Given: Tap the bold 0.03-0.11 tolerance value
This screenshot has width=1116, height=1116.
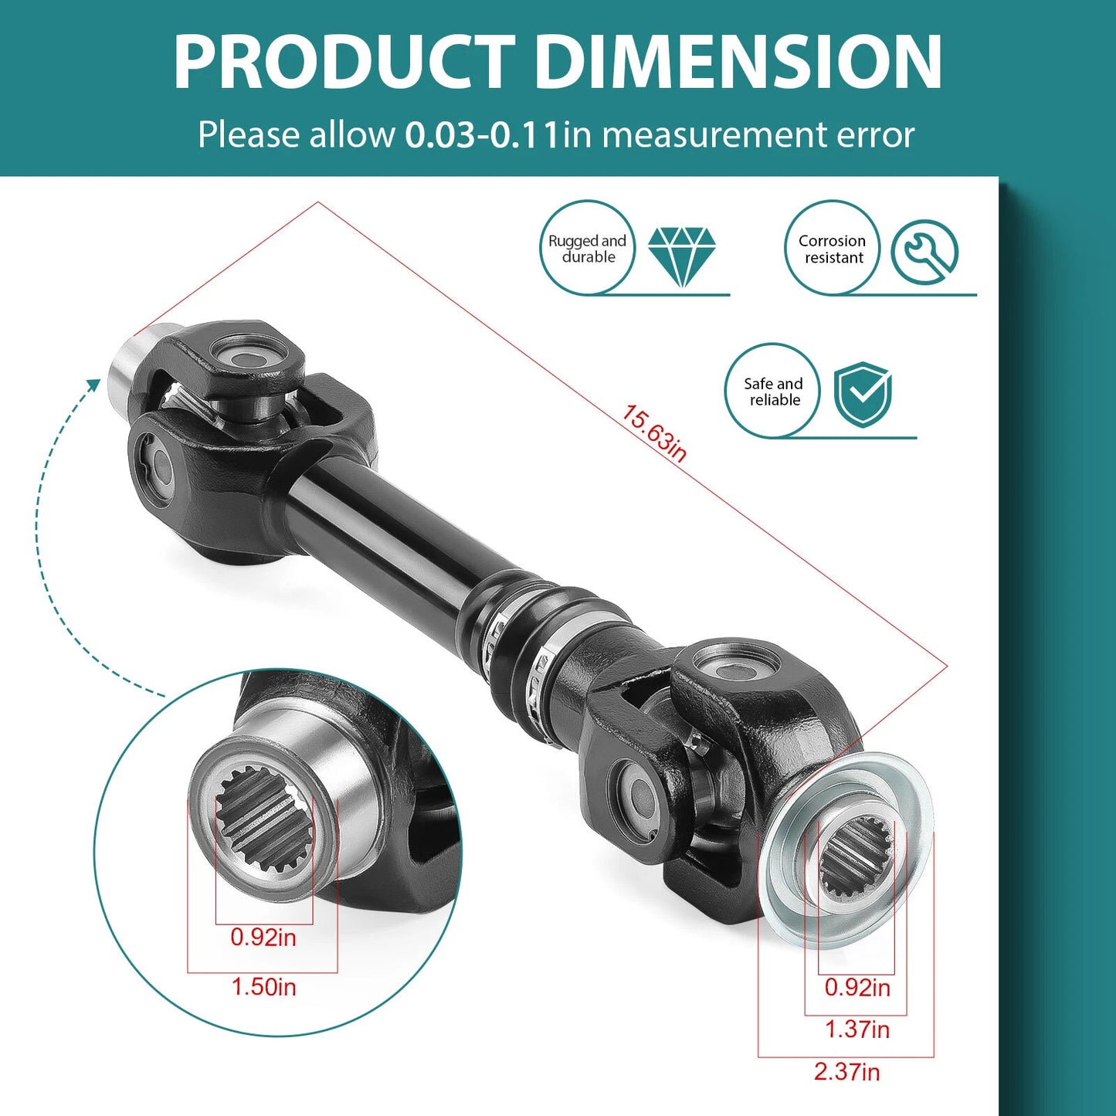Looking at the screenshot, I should point(482,135).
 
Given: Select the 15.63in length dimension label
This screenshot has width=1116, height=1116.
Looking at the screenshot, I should point(653,433).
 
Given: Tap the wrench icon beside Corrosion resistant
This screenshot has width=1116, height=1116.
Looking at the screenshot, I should point(924,253).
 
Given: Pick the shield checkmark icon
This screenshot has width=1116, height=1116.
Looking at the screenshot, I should point(863,394).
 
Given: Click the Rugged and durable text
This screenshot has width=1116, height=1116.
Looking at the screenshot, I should point(587,249).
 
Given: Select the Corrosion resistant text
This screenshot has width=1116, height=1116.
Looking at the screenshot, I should point(833,249).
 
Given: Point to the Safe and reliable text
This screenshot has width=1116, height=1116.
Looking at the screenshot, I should point(773,392).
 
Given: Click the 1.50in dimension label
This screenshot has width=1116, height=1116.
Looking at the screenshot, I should point(263,986).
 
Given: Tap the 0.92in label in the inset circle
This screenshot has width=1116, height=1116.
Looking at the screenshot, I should point(263,937).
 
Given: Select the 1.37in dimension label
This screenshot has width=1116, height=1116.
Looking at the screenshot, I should point(857,1029).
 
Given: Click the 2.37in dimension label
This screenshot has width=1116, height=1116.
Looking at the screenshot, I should point(846,1071).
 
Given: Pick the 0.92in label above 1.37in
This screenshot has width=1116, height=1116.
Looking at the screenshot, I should point(857,987).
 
